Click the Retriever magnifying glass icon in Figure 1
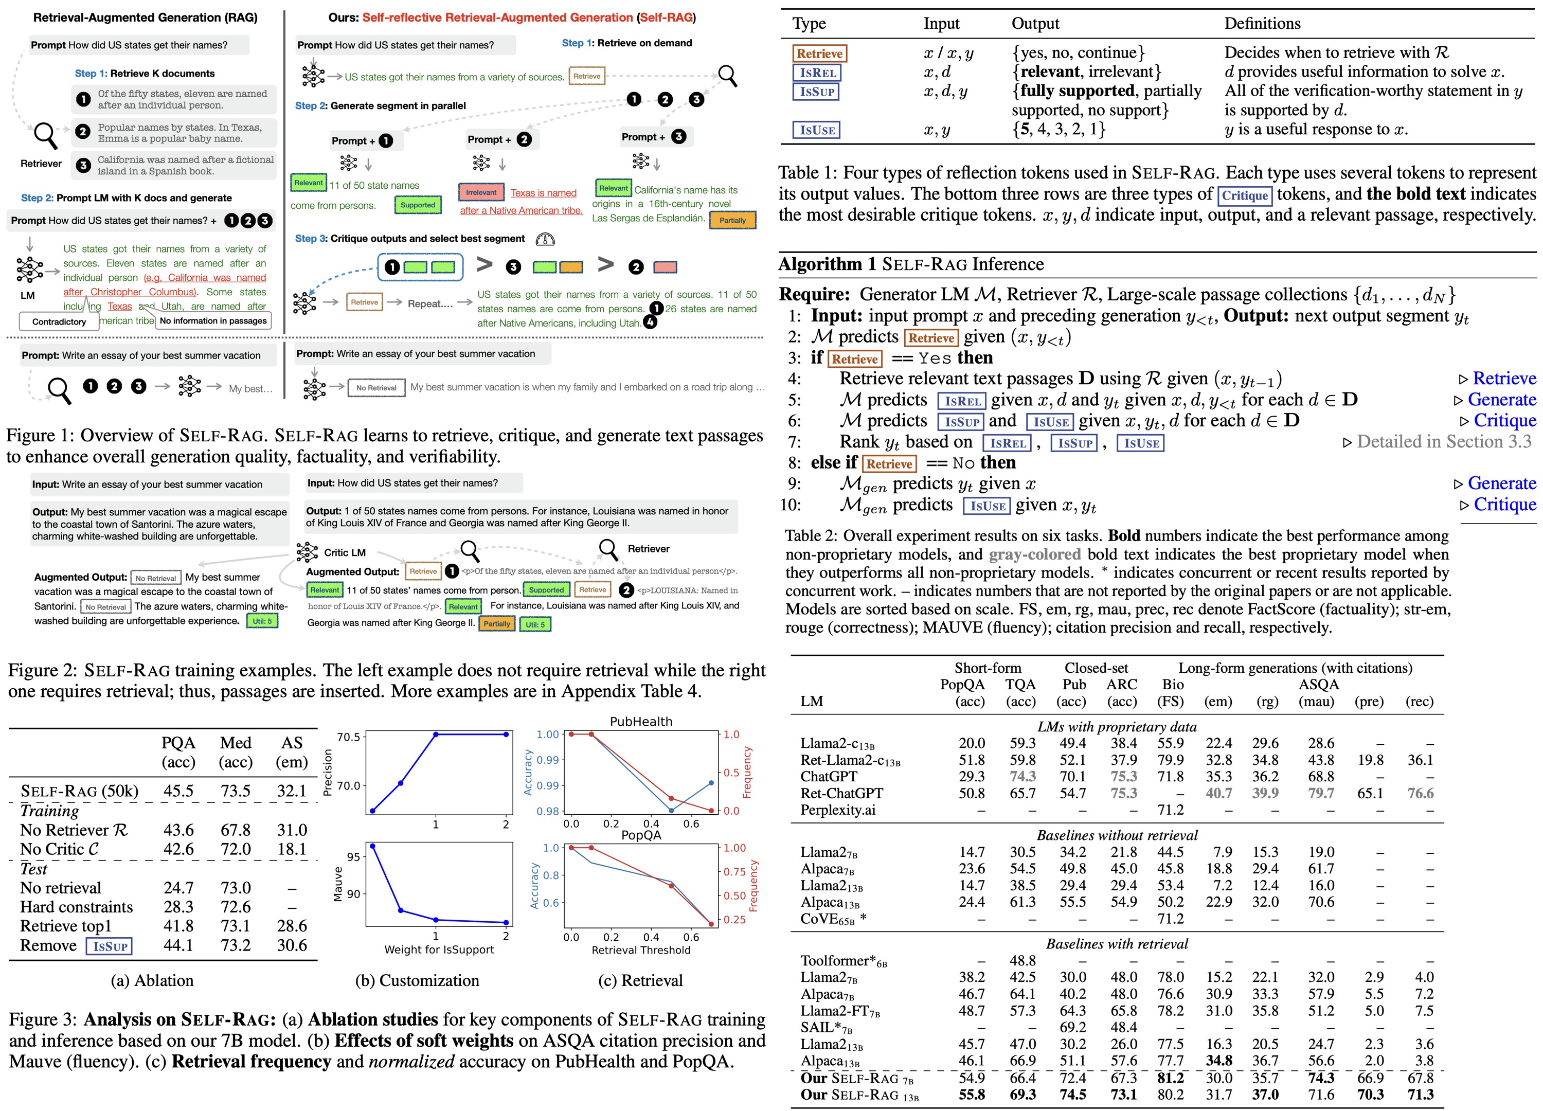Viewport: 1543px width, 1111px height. tap(45, 135)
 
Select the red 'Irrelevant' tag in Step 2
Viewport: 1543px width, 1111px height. tap(481, 192)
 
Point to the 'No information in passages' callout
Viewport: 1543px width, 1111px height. tap(213, 320)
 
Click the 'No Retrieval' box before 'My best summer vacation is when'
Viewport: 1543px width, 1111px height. tap(376, 388)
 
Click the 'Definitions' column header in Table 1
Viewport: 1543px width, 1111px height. tap(1262, 24)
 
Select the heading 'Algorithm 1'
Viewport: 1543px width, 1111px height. tap(827, 264)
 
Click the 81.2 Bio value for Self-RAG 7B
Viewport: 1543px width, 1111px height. tap(1170, 1078)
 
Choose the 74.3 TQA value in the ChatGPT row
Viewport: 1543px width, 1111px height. tap(1022, 776)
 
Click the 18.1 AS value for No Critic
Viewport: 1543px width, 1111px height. tap(292, 849)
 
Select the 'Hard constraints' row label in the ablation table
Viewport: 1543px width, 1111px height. tap(76, 907)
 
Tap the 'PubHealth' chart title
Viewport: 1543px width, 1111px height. tap(641, 721)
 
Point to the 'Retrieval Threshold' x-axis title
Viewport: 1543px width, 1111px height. tap(641, 950)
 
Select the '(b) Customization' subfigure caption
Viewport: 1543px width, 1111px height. tap(417, 980)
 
